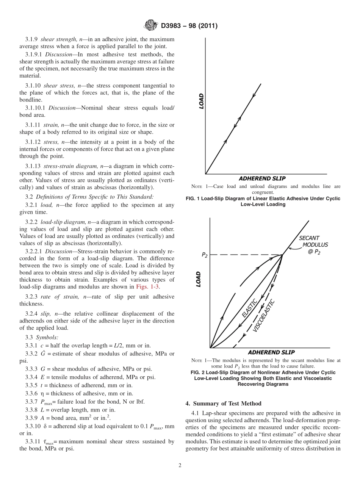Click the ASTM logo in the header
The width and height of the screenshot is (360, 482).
click(150, 26)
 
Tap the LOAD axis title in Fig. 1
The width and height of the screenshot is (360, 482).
click(201, 101)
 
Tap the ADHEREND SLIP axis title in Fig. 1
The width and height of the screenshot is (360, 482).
click(262, 178)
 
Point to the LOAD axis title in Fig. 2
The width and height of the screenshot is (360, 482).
click(198, 279)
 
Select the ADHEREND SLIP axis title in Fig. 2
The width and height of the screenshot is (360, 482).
click(271, 352)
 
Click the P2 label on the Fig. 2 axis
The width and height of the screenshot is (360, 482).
click(204, 255)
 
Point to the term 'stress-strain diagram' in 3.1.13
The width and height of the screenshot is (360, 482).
click(70, 166)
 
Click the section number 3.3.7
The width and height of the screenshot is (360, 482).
click(32, 402)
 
